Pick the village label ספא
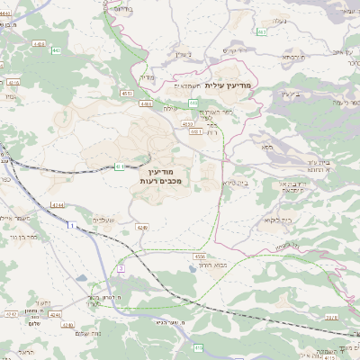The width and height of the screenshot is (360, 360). [x=267, y=145]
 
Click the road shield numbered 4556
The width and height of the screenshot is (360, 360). [x=198, y=256]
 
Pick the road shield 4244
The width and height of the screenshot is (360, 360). [x=57, y=206]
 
